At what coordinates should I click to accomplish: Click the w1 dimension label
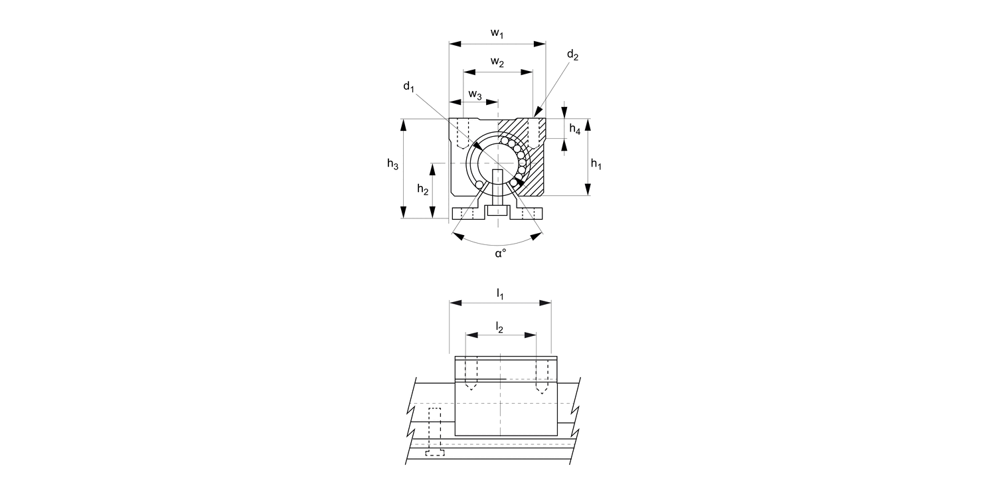(497, 33)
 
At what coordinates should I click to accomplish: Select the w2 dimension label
(497, 62)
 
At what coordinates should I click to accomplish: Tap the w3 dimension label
(475, 94)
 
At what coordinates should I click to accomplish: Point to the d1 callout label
(408, 87)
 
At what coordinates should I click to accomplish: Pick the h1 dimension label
(596, 164)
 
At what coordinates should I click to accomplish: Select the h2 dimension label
(423, 189)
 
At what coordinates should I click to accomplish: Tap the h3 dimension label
(392, 164)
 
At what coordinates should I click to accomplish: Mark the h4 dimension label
(575, 130)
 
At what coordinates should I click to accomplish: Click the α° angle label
(500, 254)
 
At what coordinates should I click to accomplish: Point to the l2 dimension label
(500, 326)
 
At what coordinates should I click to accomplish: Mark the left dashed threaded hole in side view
(471, 373)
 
